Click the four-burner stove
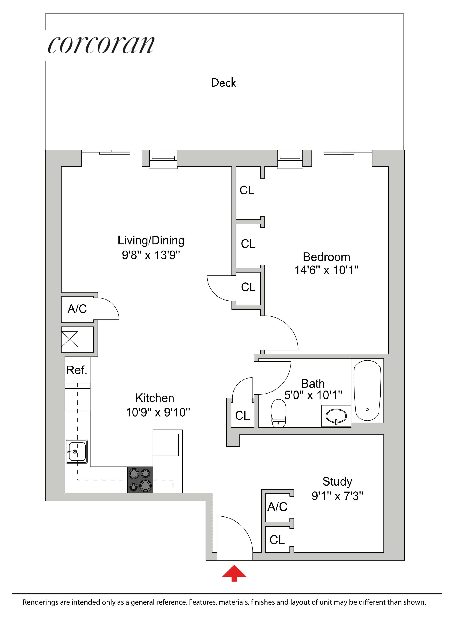click(x=140, y=480)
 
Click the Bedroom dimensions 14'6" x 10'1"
click(x=326, y=270)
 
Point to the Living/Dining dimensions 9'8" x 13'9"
click(x=151, y=255)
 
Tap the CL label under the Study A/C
click(x=277, y=540)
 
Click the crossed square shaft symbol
click(x=70, y=339)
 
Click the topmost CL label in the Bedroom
click(x=247, y=190)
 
